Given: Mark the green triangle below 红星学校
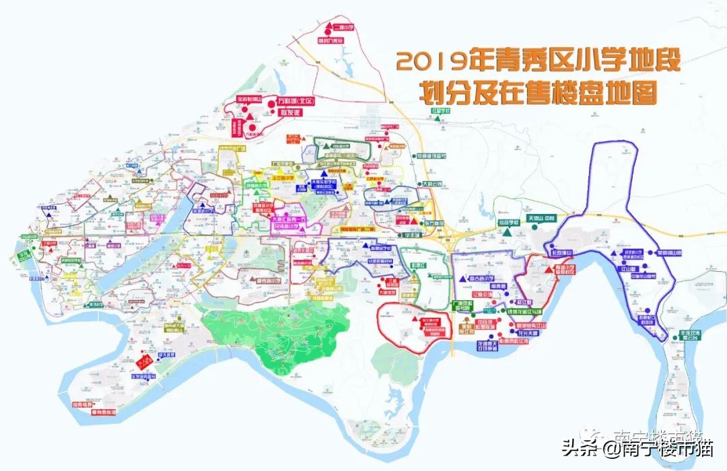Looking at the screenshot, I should pos(438,119).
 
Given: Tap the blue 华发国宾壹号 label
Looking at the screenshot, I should pos(147,377).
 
